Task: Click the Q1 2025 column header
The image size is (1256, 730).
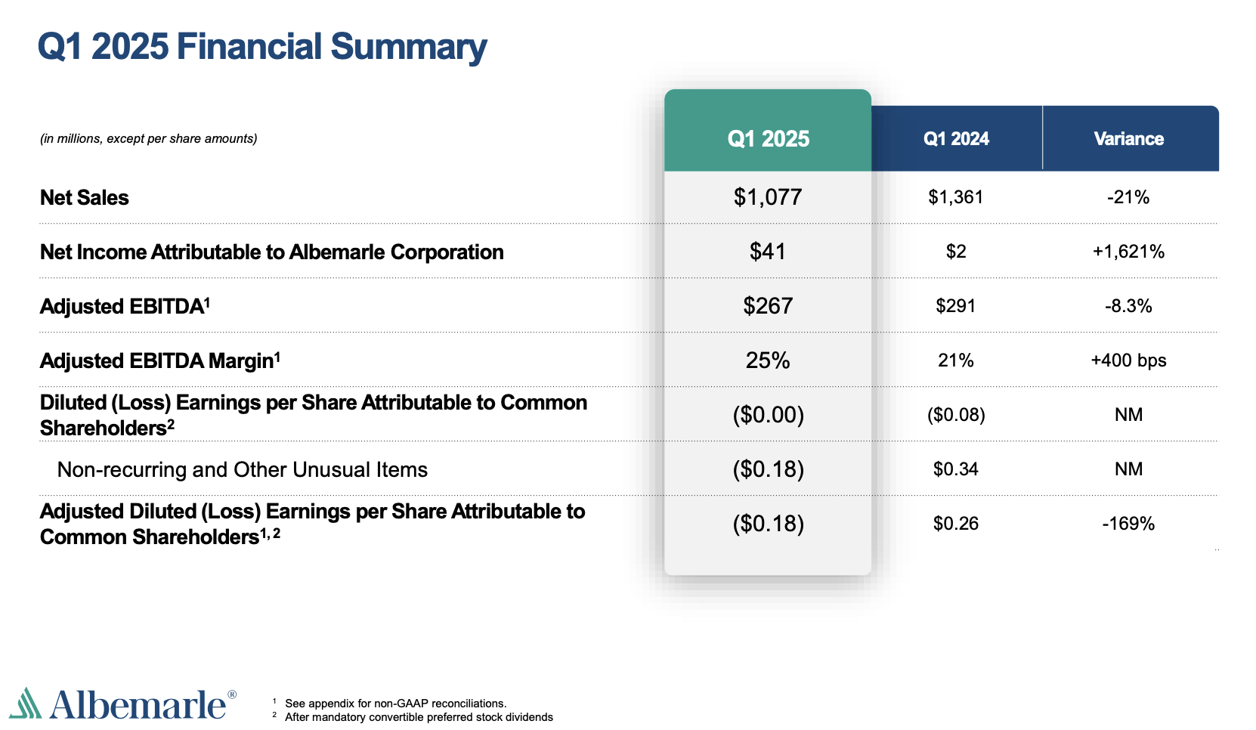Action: pos(768,138)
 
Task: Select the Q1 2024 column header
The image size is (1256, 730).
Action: pos(956,138)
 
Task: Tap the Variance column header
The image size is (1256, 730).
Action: pos(1128,138)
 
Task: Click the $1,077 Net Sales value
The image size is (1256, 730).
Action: pos(768,197)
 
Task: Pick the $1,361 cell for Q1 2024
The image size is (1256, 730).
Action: pos(956,197)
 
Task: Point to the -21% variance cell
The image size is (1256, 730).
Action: pos(1128,197)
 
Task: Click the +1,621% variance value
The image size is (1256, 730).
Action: pos(1128,252)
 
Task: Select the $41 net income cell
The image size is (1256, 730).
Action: pos(768,252)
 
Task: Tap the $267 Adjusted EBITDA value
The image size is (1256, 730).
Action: pos(768,306)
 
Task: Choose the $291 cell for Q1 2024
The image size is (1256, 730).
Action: pos(956,306)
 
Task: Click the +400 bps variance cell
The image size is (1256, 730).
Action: pos(1128,360)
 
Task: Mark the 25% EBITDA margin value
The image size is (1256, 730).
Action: pos(768,360)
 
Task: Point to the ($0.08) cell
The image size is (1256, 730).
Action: pos(956,415)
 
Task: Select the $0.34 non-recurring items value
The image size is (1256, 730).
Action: pos(956,469)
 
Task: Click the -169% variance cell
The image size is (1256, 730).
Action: pos(1128,524)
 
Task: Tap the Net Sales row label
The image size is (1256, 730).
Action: pos(85,198)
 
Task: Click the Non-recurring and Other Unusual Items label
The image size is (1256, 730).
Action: pos(243,470)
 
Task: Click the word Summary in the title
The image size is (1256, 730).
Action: pos(408,47)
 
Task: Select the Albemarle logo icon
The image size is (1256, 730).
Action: pos(26,704)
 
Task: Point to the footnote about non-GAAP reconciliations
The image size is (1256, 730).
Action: pos(395,704)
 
